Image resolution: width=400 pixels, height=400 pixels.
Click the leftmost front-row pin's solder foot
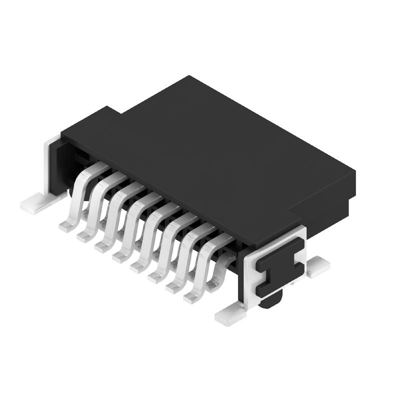[66, 226]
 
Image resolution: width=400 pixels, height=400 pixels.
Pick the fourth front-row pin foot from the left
[120, 257]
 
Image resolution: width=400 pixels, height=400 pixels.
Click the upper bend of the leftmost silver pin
[90, 170]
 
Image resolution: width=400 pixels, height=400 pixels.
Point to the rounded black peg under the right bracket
[272, 300]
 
